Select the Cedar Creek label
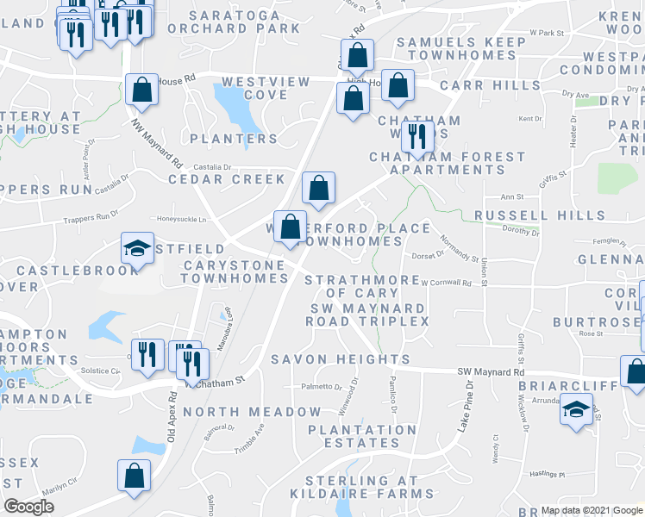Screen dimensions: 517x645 point(226,179)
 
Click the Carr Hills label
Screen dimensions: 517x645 point(481,86)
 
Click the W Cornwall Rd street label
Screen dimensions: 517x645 point(446,283)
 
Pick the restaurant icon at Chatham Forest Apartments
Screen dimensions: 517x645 point(417,135)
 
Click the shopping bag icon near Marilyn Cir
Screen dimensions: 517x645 point(135,475)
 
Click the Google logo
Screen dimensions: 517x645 point(29,507)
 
